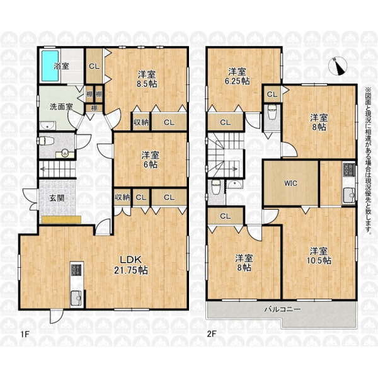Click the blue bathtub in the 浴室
pos(50,66)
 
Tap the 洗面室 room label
pos(61,107)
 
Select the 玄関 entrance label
pos(57,198)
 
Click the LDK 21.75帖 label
pos(131,265)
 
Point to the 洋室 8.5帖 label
pos(147,79)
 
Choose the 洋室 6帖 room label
pos(150,159)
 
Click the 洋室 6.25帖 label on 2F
pos(238,76)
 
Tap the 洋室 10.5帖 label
pos(319,256)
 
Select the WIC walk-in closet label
pos(290,183)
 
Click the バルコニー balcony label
pos(282,309)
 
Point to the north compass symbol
pos(338,66)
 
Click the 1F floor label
pos(25,335)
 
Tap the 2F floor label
pos(212,335)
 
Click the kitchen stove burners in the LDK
pos(77,271)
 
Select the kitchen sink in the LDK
pos(76,298)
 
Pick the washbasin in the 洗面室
pos(47,125)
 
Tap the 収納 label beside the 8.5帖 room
pos(141,122)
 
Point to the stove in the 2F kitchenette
pos(349,169)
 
